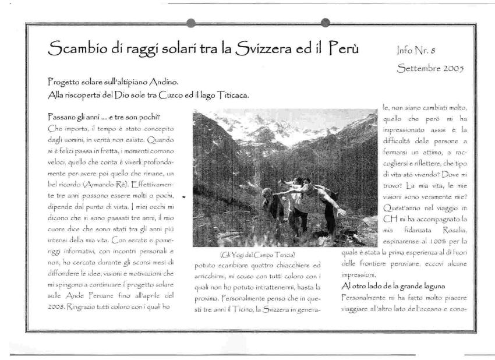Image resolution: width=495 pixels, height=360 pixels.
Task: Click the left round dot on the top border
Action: point(190,23)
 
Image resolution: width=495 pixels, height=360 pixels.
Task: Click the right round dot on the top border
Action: point(326,23)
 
